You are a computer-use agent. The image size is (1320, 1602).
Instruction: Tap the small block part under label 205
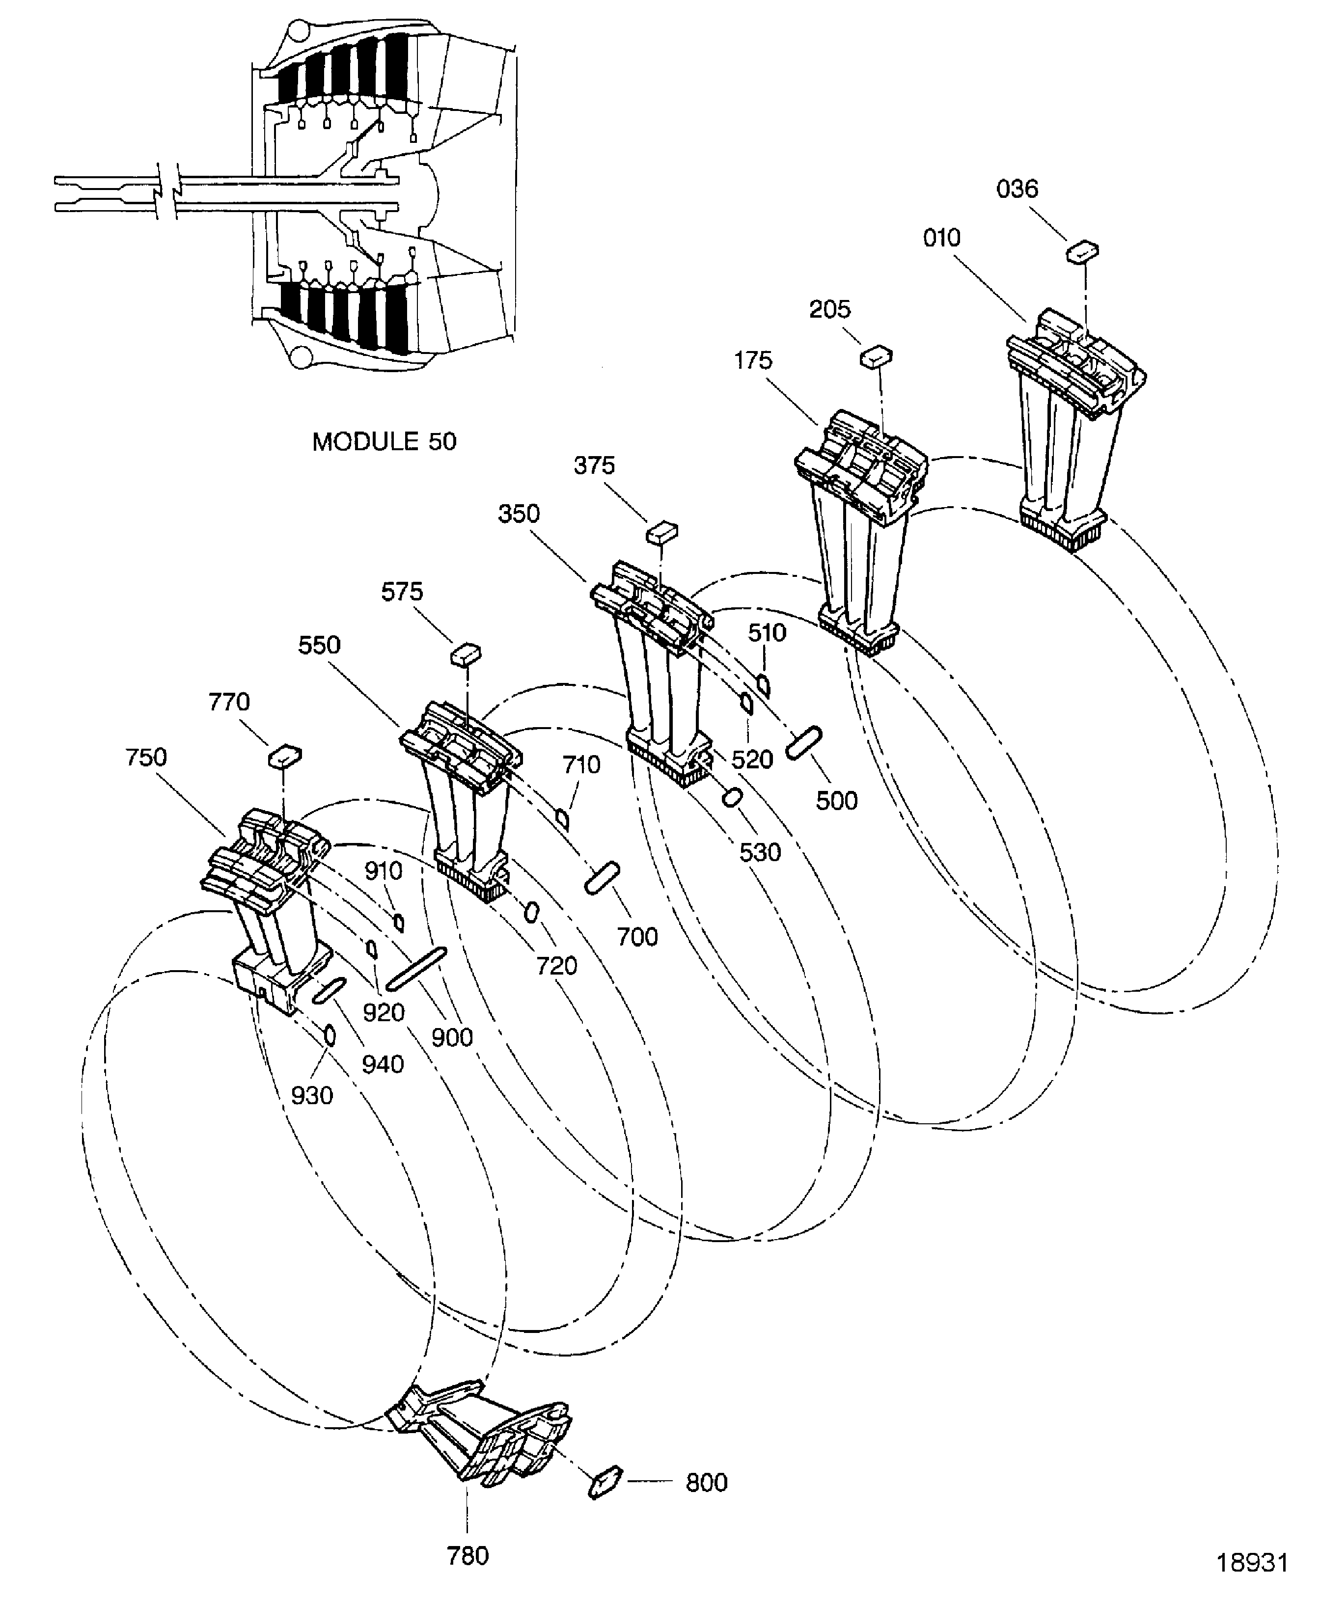[x=876, y=356]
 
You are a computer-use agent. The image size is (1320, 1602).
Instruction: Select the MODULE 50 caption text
[x=384, y=442]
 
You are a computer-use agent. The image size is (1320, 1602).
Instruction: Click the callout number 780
[x=467, y=1556]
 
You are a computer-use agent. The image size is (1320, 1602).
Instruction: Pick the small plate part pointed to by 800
[x=605, y=1482]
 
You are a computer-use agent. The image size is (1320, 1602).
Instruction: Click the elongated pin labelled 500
[x=804, y=742]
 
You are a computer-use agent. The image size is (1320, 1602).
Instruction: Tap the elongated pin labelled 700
[x=602, y=879]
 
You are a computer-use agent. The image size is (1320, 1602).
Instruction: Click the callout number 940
[x=383, y=1064]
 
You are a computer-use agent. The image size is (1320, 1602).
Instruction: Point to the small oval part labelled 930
[x=330, y=1035]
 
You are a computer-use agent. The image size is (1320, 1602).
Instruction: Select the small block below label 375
[x=661, y=532]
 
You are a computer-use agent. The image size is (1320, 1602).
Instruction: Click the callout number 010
[x=941, y=238]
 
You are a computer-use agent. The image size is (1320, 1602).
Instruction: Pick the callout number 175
[x=753, y=360]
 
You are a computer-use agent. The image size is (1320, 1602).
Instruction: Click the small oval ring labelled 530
[x=732, y=798]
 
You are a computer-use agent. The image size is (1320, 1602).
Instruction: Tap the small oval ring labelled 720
[x=532, y=912]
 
